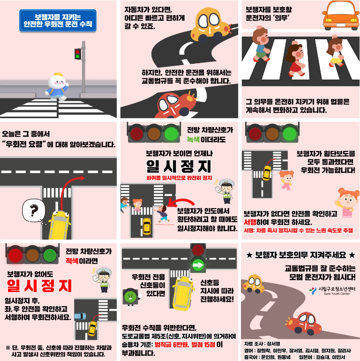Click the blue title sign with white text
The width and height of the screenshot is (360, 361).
point(58,21)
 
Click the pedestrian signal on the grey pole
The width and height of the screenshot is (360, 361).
point(78,54)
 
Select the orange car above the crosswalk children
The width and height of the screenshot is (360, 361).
point(341,15)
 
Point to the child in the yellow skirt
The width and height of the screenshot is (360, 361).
point(335,52)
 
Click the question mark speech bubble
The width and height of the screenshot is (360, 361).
point(34,211)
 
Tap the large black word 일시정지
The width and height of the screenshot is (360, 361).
point(179,166)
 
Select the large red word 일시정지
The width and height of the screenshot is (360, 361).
point(39,286)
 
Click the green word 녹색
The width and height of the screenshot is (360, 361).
point(193,140)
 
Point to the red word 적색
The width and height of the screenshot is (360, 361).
point(72,261)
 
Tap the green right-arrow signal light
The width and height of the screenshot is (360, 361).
point(198,265)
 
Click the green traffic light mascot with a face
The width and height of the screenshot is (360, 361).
point(130,298)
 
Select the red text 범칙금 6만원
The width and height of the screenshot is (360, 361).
point(172,345)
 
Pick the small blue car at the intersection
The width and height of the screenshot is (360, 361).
point(80,316)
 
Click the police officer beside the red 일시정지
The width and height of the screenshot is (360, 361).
point(103,280)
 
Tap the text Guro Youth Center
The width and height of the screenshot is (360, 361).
point(337,294)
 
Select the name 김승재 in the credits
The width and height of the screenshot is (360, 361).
point(322,357)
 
